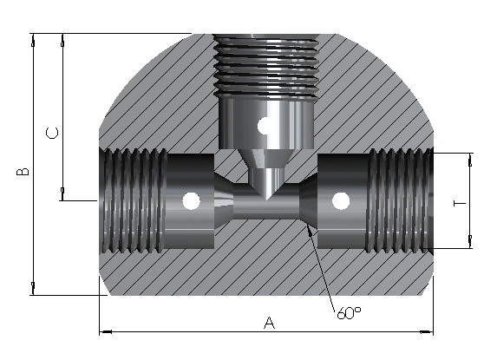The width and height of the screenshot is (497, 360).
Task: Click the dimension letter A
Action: tap(269, 323)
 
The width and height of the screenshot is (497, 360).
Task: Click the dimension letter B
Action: tap(23, 172)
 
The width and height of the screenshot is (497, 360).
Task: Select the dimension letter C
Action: tap(52, 133)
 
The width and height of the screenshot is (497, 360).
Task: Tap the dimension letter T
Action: tap(460, 203)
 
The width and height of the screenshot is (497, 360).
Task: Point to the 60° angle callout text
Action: tap(349, 313)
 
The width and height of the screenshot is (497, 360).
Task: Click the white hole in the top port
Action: tap(265, 126)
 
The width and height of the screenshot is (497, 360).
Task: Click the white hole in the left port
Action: tap(192, 201)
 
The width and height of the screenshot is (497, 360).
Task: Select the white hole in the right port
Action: tap(341, 201)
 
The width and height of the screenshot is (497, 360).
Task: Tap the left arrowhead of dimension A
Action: tap(106, 331)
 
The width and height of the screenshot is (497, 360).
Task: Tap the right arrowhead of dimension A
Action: tap(427, 331)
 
